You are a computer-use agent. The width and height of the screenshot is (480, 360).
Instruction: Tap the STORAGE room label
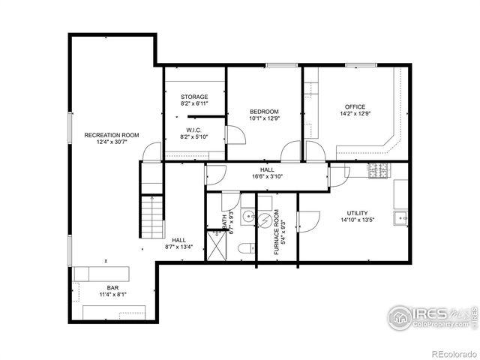coord(194,97)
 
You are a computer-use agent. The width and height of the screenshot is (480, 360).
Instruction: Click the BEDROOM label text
coord(264,112)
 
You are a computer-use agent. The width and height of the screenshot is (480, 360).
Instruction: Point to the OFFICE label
coord(355,106)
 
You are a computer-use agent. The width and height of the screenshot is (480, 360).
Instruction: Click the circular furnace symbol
coord(267,218)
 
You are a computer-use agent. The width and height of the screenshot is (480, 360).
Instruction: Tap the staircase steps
coord(151,214)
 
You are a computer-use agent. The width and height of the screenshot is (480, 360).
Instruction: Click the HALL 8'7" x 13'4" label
coord(178,242)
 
